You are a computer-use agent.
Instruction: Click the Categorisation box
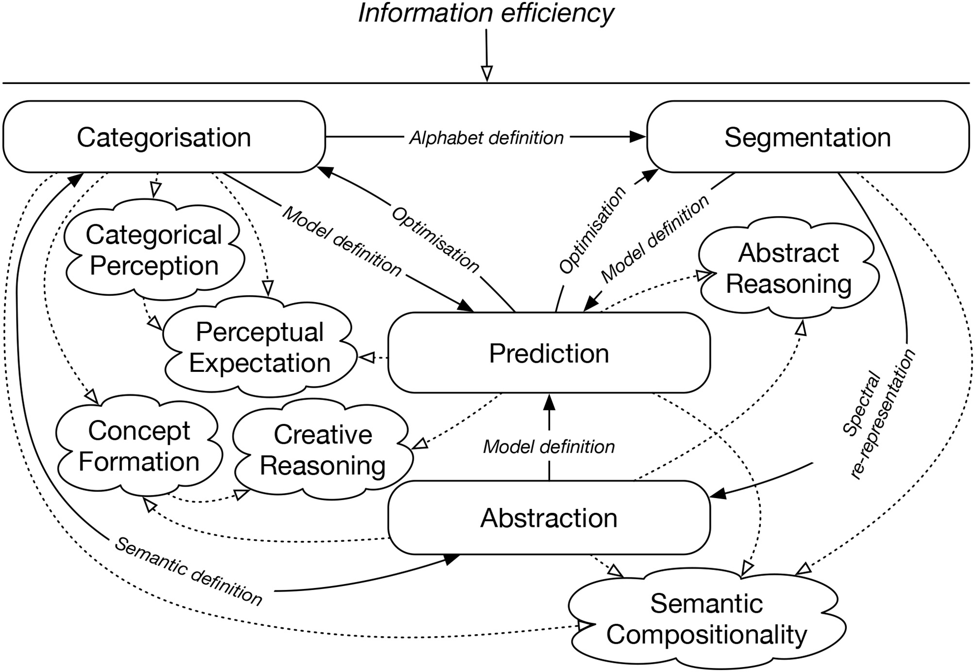click(x=164, y=137)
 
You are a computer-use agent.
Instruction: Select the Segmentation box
click(x=807, y=137)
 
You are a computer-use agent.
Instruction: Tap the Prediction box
click(x=549, y=353)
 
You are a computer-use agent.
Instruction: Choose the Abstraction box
click(x=549, y=518)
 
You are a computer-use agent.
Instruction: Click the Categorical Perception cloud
click(x=154, y=250)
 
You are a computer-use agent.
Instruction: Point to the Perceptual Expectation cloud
click(x=260, y=348)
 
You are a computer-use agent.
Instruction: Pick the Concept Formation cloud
click(x=139, y=446)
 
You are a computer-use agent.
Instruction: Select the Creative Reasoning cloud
click(x=323, y=450)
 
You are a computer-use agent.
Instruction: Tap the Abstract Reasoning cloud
click(x=789, y=268)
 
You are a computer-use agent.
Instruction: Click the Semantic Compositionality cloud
click(x=706, y=619)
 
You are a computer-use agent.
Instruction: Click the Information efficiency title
click(x=486, y=13)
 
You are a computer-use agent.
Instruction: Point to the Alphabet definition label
click(x=486, y=138)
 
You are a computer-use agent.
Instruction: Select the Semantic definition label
click(x=188, y=572)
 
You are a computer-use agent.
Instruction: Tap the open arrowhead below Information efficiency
click(x=487, y=73)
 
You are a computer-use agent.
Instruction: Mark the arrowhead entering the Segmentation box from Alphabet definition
click(x=638, y=137)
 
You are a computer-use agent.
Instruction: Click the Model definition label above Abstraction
click(x=549, y=447)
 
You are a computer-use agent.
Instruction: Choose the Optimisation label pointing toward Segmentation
click(x=592, y=230)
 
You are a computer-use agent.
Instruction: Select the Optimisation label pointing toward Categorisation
click(x=435, y=239)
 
